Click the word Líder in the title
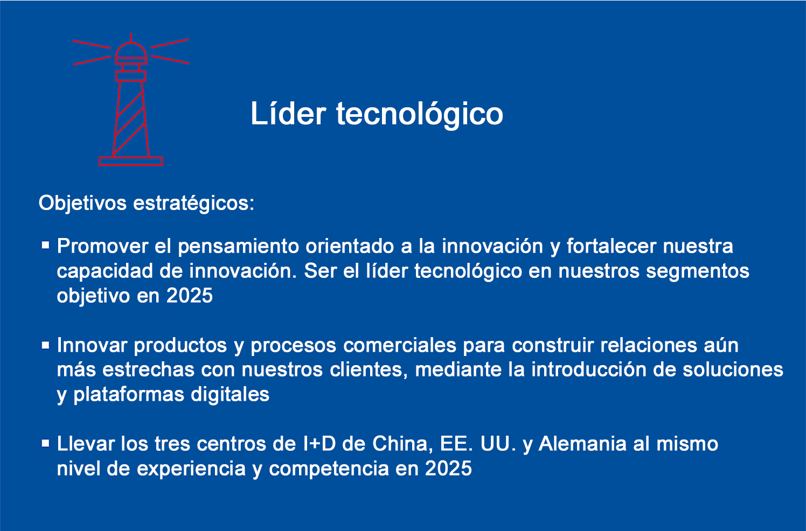pyautogui.click(x=288, y=113)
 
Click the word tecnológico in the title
pyautogui.click(x=420, y=114)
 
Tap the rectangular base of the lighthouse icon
pyautogui.click(x=131, y=162)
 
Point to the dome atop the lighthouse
pyautogui.click(x=131, y=51)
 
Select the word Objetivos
pyautogui.click(x=82, y=203)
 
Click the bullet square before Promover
pyautogui.click(x=45, y=246)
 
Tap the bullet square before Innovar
pyautogui.click(x=45, y=345)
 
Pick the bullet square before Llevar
pyautogui.click(x=45, y=444)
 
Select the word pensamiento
pyautogui.click(x=239, y=247)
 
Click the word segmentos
pyautogui.click(x=698, y=272)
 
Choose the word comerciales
pyautogui.click(x=400, y=345)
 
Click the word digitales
pyautogui.click(x=230, y=395)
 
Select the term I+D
pyautogui.click(x=319, y=444)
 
